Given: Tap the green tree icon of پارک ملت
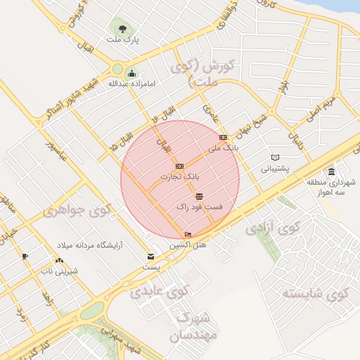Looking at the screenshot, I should click(x=123, y=29).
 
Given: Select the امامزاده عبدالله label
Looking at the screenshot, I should click(x=131, y=84).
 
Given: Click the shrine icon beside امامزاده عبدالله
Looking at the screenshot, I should click(x=131, y=73).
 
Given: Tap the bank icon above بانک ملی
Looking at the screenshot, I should click(x=224, y=137).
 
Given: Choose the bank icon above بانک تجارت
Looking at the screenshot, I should click(x=179, y=166).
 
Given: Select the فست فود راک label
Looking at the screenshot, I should click(x=199, y=207).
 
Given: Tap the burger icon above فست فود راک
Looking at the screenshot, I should click(x=200, y=196).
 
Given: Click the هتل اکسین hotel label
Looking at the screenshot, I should click(x=186, y=245).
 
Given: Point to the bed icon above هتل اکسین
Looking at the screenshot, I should click(x=187, y=235).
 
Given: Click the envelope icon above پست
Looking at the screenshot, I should click(x=150, y=257).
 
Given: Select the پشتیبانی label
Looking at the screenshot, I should click(x=275, y=169).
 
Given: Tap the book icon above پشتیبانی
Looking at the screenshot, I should click(x=276, y=157).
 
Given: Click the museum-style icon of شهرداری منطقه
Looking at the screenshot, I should click(x=331, y=172).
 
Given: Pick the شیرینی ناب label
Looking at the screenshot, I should click(x=59, y=271).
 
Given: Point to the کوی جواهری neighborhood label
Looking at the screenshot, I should click(x=77, y=210).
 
